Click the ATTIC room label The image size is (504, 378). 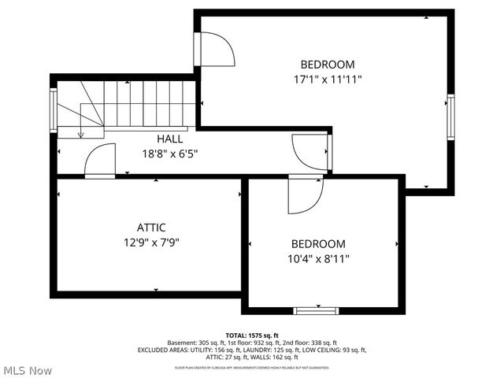pos(150,228)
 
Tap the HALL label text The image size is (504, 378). pos(169,139)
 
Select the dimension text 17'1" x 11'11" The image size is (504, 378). pos(327,79)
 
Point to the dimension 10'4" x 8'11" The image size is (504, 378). pos(318,258)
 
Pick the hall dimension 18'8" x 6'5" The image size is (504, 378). pos(169,154)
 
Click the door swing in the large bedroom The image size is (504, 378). pos(217,50)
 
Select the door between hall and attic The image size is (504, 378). pos(100,161)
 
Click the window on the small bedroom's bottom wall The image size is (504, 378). pos(316,310)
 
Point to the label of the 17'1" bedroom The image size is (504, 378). pos(327,65)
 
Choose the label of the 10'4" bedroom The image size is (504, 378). pos(318,244)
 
